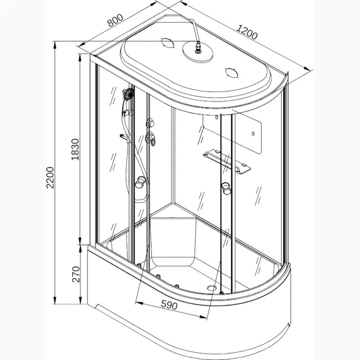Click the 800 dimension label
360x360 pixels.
[116, 20]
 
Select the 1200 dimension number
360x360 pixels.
[247, 32]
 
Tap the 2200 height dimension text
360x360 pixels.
[50, 177]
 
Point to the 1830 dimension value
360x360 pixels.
[75, 149]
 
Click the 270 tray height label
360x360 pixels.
[76, 274]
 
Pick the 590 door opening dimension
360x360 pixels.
[169, 305]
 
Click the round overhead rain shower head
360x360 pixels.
[198, 51]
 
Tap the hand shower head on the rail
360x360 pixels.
[129, 94]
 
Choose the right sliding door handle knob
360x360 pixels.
[226, 188]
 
